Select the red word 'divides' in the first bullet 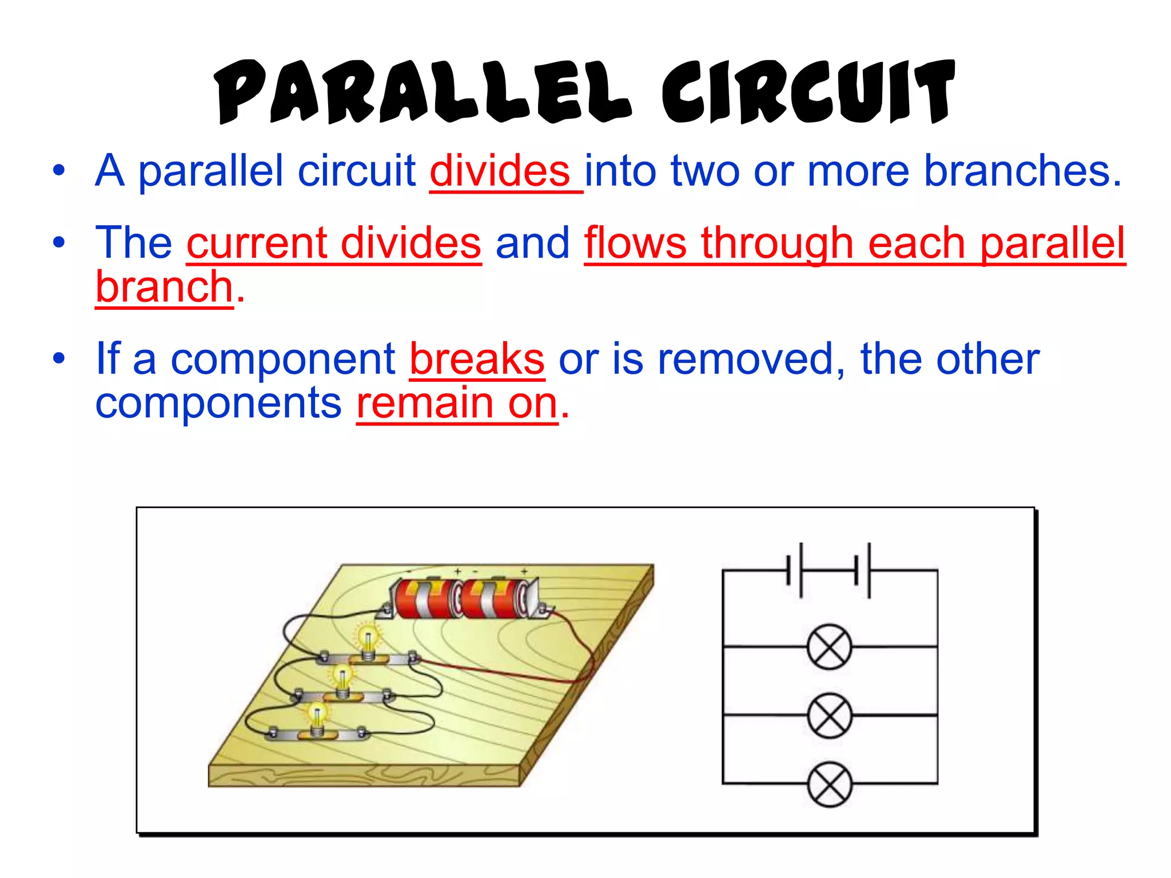tap(500, 171)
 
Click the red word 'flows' tap(635, 243)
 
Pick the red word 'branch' tap(164, 287)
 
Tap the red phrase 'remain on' tap(456, 404)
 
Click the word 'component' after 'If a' tap(283, 360)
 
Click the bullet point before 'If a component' tap(59, 359)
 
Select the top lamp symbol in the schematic tap(829, 646)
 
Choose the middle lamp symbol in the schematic tap(829, 715)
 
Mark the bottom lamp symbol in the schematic tap(829, 784)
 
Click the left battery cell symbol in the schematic tap(795, 570)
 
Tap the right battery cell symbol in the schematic tap(863, 570)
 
